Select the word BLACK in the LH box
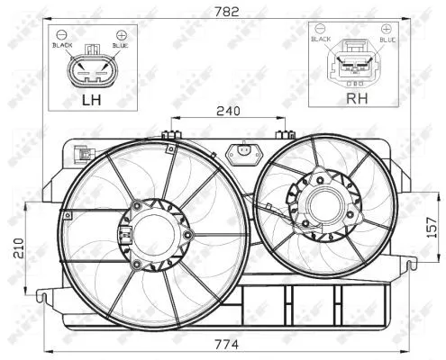pyautogui.click(x=62, y=44)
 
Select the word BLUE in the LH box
pyautogui.click(x=121, y=44)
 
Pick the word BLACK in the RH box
pyautogui.click(x=322, y=40)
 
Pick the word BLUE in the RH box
pyautogui.click(x=388, y=40)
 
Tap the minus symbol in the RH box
pyautogui.click(x=322, y=30)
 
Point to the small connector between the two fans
pyautogui.click(x=241, y=154)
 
